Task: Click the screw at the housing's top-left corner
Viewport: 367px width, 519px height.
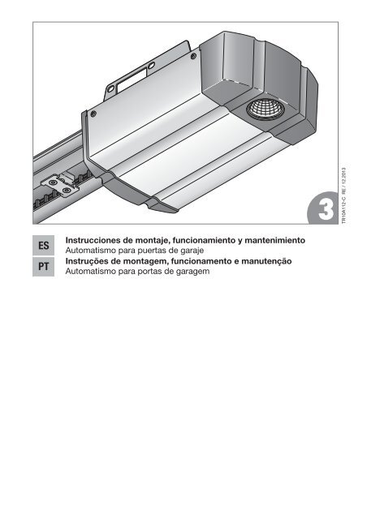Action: (x=94, y=113)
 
